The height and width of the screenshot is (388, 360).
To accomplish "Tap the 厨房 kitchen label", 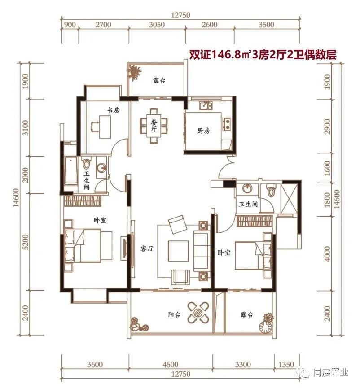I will coord(203,131).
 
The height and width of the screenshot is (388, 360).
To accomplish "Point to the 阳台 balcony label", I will coord(174,315).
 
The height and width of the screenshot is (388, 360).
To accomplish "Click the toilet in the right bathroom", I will coord(270,192).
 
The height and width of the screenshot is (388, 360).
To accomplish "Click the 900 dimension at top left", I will coord(70,25).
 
